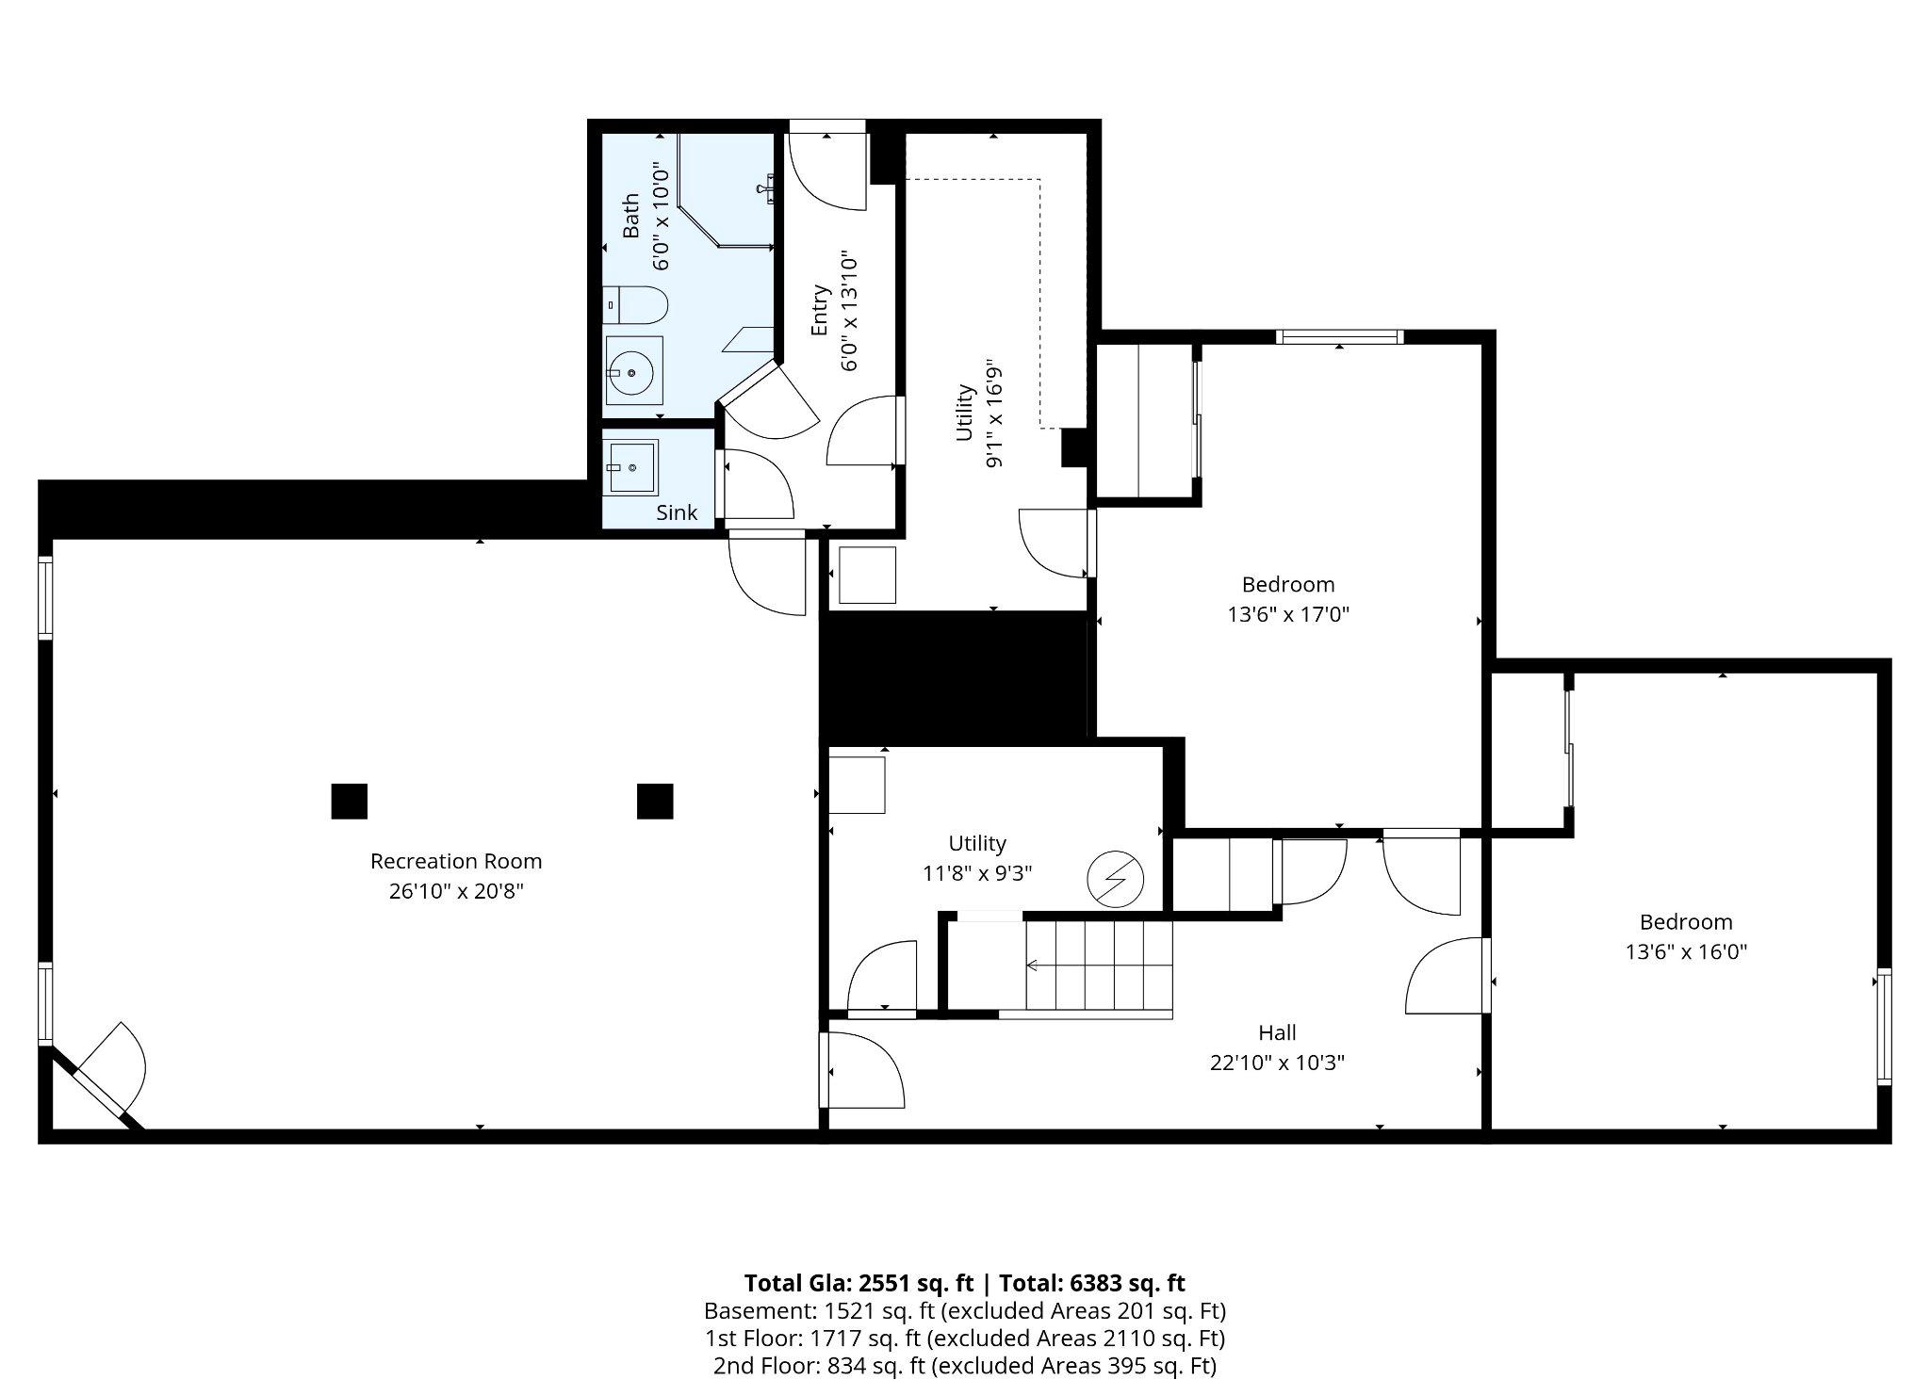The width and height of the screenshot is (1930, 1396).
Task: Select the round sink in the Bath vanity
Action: (x=630, y=373)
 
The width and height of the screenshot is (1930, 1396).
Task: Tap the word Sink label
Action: (x=677, y=512)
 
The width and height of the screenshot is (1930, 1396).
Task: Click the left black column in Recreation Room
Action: (x=349, y=801)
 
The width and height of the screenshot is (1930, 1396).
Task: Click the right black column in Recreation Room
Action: (x=655, y=801)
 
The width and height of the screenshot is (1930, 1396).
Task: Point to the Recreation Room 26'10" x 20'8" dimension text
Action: (x=456, y=891)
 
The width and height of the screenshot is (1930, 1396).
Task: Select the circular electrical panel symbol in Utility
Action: (x=1115, y=879)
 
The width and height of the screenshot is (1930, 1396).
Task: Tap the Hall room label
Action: (x=1277, y=1032)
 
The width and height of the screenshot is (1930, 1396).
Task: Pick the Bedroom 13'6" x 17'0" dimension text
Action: (x=1288, y=615)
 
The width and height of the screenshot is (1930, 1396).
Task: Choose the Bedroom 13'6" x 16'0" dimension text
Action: (x=1686, y=952)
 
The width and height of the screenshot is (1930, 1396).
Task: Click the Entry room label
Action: (x=820, y=310)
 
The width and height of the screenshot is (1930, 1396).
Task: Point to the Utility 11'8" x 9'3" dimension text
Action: (x=977, y=873)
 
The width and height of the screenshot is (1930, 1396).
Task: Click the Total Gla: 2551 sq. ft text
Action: (x=858, y=1283)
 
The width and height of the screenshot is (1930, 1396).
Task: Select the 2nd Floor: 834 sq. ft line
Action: (x=964, y=1366)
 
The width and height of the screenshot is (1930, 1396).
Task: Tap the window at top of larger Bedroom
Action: (x=1339, y=336)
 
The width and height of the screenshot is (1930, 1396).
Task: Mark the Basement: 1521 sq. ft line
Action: (x=964, y=1311)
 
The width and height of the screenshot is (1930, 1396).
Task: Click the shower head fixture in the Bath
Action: (x=768, y=187)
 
